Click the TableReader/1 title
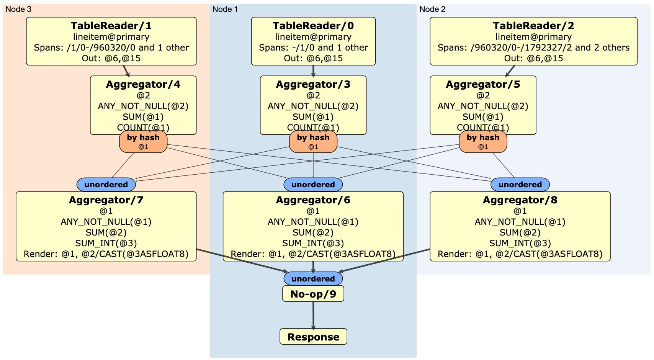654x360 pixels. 111,26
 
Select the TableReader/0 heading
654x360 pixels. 313,26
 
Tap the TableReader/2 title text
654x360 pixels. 533,26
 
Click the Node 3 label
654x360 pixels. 18,9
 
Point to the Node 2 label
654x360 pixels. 432,9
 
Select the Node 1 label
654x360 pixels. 225,9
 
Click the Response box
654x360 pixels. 313,337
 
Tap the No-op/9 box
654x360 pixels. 313,294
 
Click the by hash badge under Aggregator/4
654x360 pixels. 143,141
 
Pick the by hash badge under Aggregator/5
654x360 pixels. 483,141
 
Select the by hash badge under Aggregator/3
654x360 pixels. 313,141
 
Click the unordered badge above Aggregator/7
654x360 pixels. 106,185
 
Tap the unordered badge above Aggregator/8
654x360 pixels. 520,185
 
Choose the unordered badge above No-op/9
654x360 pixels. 313,278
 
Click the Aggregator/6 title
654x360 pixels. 313,200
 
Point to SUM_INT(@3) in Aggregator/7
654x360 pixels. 106,243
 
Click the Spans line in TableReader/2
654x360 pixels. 533,47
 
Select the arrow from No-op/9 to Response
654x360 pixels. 313,315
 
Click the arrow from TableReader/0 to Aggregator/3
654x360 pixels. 313,70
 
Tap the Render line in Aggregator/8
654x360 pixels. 520,254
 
